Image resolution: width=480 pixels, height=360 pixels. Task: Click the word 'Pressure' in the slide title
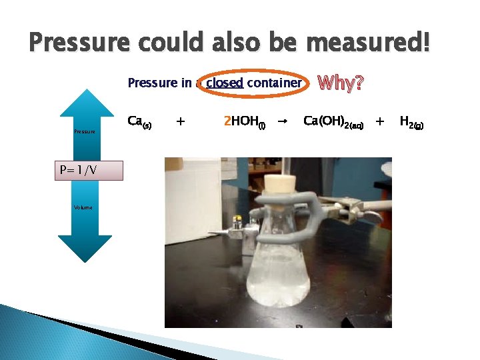tap(80, 43)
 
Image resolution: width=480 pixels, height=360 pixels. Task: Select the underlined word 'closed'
tap(225, 83)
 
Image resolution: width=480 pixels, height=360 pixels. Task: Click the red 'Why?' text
tap(341, 83)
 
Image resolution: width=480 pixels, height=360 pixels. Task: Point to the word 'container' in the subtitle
tap(274, 83)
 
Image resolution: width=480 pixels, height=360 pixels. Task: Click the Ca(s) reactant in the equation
tap(139, 122)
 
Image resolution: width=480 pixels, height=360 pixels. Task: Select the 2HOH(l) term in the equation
tap(245, 122)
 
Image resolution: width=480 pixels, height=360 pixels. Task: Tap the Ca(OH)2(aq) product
tap(333, 122)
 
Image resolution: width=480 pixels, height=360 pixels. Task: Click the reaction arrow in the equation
tap(282, 121)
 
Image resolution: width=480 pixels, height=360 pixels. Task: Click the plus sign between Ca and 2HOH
tap(180, 121)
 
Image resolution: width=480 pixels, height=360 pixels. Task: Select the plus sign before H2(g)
tap(380, 121)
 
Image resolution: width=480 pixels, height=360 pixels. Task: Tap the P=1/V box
tap(85, 170)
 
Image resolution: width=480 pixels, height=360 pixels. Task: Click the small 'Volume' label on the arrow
tap(84, 207)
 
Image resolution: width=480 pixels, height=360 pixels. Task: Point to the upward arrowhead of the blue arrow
tap(85, 100)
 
